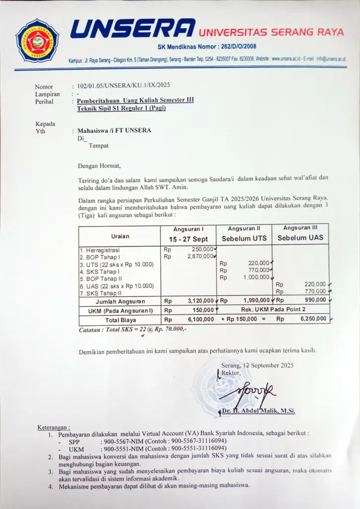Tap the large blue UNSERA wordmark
132,29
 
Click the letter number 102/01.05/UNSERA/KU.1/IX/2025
124,85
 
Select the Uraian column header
119,236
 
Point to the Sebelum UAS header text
300,238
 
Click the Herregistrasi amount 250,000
202,249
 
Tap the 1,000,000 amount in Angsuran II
256,277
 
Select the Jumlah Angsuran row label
120,301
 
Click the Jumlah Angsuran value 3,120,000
200,301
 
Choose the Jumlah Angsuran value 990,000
315,300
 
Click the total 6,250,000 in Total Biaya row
313,319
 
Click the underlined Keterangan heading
54,427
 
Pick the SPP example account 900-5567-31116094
198,441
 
